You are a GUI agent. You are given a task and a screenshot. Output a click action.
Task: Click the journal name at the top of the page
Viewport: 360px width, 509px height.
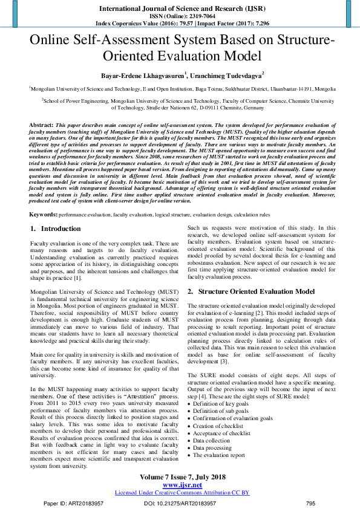(179, 8)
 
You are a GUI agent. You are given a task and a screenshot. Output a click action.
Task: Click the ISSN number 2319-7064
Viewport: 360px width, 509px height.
(194, 16)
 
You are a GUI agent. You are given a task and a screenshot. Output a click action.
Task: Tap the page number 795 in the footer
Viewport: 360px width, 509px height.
(310, 503)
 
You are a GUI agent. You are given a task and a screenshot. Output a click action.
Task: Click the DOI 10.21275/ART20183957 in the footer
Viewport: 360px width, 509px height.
(180, 503)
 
